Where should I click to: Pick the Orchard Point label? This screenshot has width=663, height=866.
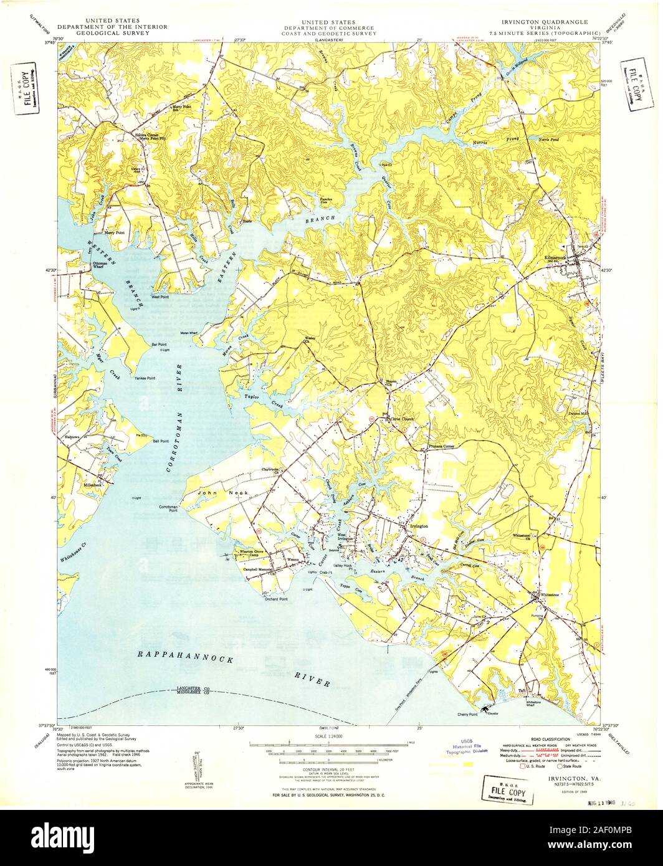click(x=275, y=599)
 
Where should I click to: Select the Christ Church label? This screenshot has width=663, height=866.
click(x=402, y=419)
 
